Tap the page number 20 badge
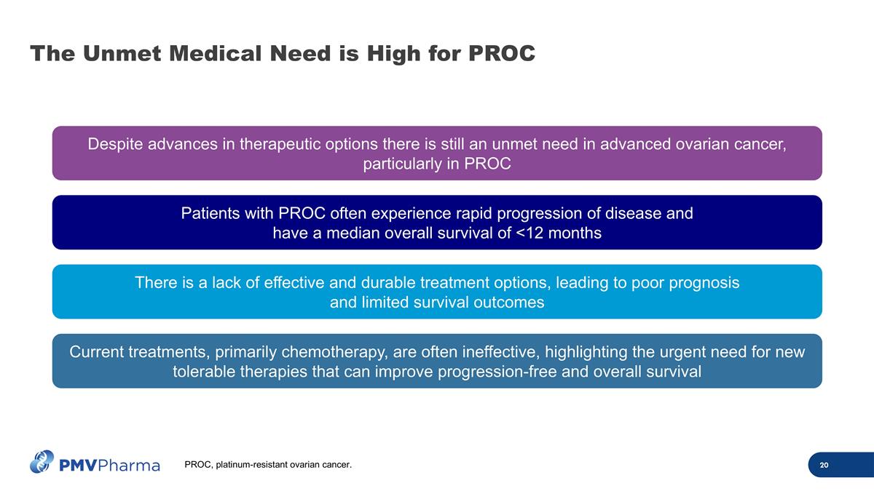(x=824, y=466)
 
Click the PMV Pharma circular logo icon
(x=42, y=461)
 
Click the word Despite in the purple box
(x=115, y=144)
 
